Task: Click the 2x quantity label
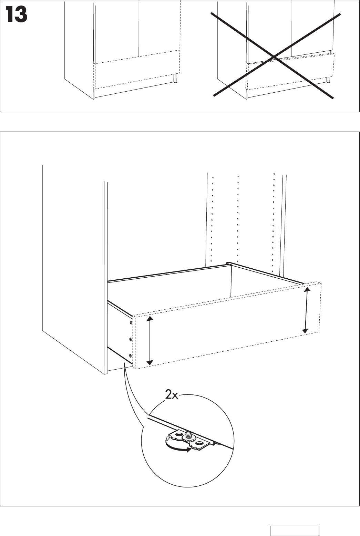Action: (x=171, y=395)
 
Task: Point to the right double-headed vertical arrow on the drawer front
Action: (x=306, y=310)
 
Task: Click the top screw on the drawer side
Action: (x=131, y=323)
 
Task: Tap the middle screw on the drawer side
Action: (x=131, y=339)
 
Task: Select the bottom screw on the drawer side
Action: (x=130, y=355)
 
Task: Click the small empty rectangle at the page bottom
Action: (x=294, y=531)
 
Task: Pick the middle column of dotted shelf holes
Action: (x=238, y=220)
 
